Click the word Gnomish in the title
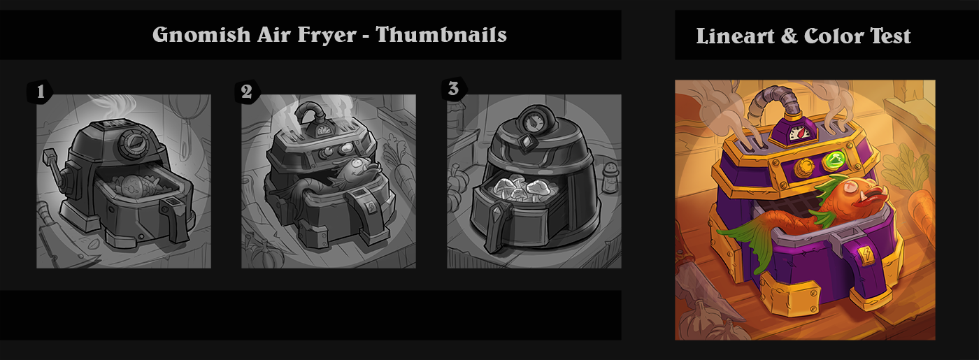(x=201, y=35)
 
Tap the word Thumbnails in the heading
(x=441, y=34)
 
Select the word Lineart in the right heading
(x=735, y=36)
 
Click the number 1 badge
(x=41, y=92)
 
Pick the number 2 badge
(x=247, y=92)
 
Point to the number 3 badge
(x=454, y=89)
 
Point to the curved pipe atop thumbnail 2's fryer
(x=310, y=113)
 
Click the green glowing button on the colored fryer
(x=834, y=160)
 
